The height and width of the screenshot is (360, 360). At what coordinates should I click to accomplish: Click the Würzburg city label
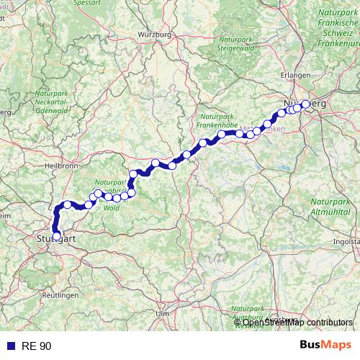(152, 34)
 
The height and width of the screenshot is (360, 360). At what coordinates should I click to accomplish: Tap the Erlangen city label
(296, 75)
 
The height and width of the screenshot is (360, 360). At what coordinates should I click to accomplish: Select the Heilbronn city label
(60, 166)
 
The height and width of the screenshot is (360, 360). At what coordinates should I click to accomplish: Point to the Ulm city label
(163, 314)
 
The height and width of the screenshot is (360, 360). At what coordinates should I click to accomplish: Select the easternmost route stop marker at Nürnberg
(305, 104)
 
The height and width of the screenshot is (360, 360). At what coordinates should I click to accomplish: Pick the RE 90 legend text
(35, 346)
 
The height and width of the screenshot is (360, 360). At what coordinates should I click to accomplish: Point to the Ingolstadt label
(347, 242)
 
